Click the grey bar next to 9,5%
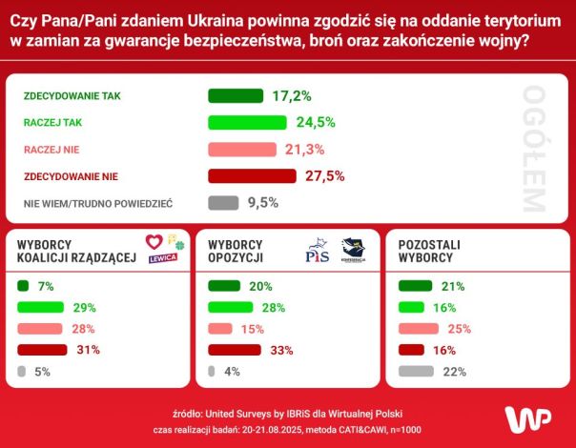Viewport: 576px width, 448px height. [223, 202]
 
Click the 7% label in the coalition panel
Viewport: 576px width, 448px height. [46, 286]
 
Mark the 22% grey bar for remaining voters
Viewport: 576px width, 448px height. [416, 371]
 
